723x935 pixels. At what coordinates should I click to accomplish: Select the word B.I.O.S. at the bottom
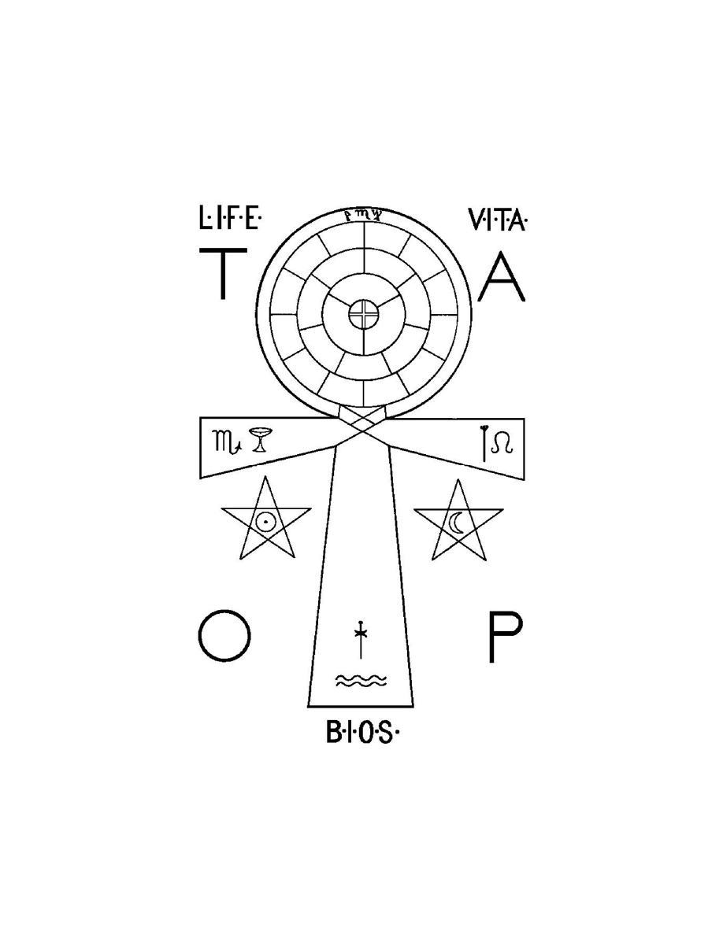click(x=363, y=734)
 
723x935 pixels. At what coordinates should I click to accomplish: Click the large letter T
click(x=223, y=273)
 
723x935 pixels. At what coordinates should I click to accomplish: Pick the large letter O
click(x=224, y=637)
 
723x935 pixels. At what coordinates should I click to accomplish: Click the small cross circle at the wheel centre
click(x=363, y=316)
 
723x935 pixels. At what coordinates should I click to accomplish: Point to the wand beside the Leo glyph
click(x=482, y=438)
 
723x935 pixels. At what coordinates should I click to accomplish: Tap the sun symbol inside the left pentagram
click(x=265, y=521)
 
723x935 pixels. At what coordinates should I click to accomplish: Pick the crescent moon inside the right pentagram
click(x=457, y=522)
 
